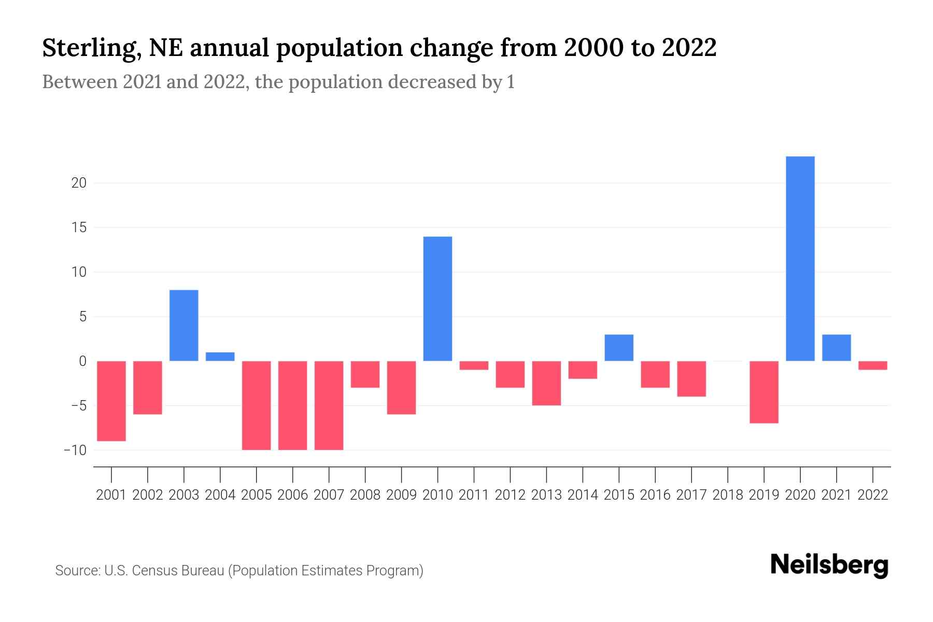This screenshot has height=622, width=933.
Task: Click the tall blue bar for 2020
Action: coord(800,259)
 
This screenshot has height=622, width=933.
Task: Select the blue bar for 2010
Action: coord(437,299)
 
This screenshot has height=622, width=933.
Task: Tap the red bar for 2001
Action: coord(111,401)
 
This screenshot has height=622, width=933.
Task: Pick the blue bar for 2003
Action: coord(184,325)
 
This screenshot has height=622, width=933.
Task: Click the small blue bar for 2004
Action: coord(220,357)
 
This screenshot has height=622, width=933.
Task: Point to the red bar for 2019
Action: coord(764,392)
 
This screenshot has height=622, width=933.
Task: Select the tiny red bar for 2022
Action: coord(873,365)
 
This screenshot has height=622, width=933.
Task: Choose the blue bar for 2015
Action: coord(619,348)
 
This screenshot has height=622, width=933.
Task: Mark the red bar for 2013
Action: coord(546,383)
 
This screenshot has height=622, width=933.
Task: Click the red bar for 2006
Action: coord(293,405)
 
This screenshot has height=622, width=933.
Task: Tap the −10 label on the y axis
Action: coord(75,450)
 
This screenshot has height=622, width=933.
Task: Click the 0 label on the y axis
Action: coord(82,361)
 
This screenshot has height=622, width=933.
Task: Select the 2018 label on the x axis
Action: coord(728,495)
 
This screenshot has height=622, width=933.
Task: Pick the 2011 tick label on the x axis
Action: coord(474,495)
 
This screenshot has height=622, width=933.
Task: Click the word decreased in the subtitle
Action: coord(432,82)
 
